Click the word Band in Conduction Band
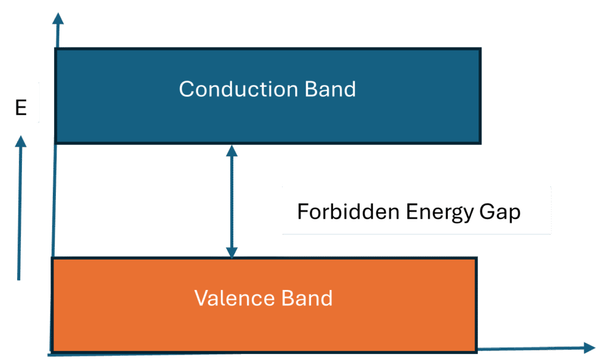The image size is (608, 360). pyautogui.click(x=330, y=89)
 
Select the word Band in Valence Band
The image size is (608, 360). pyautogui.click(x=308, y=298)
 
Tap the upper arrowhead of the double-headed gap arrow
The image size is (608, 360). pyautogui.click(x=232, y=150)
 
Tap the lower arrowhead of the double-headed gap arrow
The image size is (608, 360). pyautogui.click(x=232, y=252)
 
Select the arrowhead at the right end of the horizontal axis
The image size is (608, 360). pyautogui.click(x=588, y=348)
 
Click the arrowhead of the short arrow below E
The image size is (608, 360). pyautogui.click(x=21, y=141)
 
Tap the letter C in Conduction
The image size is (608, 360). pyautogui.click(x=187, y=89)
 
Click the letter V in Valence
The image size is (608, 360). pyautogui.click(x=201, y=298)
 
